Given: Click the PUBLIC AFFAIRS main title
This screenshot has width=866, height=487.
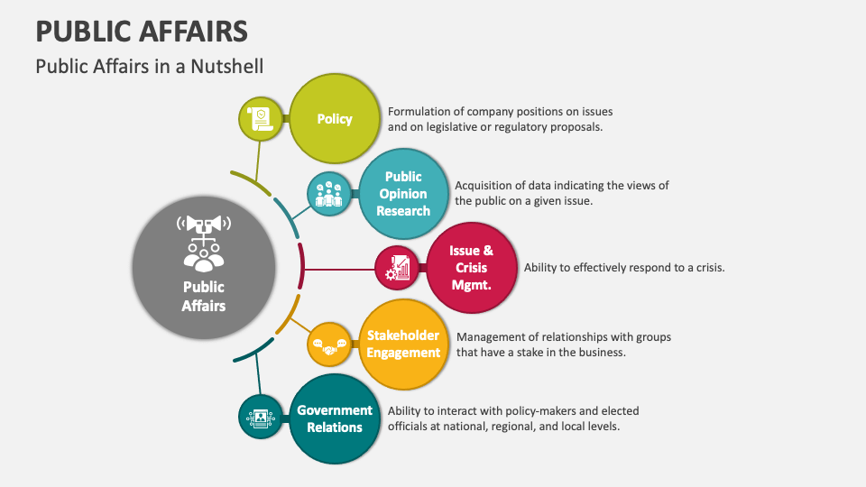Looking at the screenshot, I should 142,32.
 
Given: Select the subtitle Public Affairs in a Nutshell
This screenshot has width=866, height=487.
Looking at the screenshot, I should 149,67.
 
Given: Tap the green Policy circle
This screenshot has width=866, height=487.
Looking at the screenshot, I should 334,119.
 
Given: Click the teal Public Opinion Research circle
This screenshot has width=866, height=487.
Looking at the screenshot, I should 403,194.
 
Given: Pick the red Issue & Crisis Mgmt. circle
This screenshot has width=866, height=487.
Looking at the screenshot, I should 471,268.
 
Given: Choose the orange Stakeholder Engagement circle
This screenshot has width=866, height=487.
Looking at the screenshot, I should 403,344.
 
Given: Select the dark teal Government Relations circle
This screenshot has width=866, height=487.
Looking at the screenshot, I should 334,418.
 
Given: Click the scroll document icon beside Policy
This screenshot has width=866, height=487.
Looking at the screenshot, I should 260,119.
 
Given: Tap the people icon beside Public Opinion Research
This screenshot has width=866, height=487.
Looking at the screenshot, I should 329,194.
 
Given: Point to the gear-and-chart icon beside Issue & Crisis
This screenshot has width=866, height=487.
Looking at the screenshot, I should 398,268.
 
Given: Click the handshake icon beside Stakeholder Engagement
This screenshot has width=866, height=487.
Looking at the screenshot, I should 329,344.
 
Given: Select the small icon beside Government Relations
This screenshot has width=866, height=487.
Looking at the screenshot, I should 260,418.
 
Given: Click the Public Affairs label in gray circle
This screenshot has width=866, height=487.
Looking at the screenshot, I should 204,296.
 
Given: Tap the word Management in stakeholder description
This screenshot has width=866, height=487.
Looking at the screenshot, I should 493,337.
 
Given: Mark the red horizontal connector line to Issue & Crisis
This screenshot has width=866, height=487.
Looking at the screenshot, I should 338,268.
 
